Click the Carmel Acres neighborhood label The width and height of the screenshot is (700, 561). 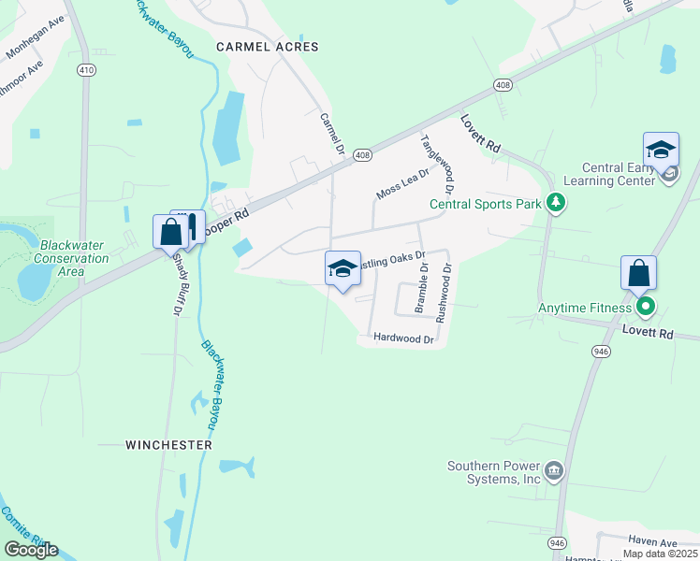267,46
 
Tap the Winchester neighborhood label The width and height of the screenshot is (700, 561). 169,446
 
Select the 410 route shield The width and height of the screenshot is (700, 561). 86,70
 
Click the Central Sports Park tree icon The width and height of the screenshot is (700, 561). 556,202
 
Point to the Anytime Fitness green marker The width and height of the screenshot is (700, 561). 644,306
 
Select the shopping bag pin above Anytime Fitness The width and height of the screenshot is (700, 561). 638,273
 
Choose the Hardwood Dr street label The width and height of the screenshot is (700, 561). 403,338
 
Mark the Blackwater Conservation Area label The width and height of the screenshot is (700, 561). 74,258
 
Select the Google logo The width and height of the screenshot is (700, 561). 31,550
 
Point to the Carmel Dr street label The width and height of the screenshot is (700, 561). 331,136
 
